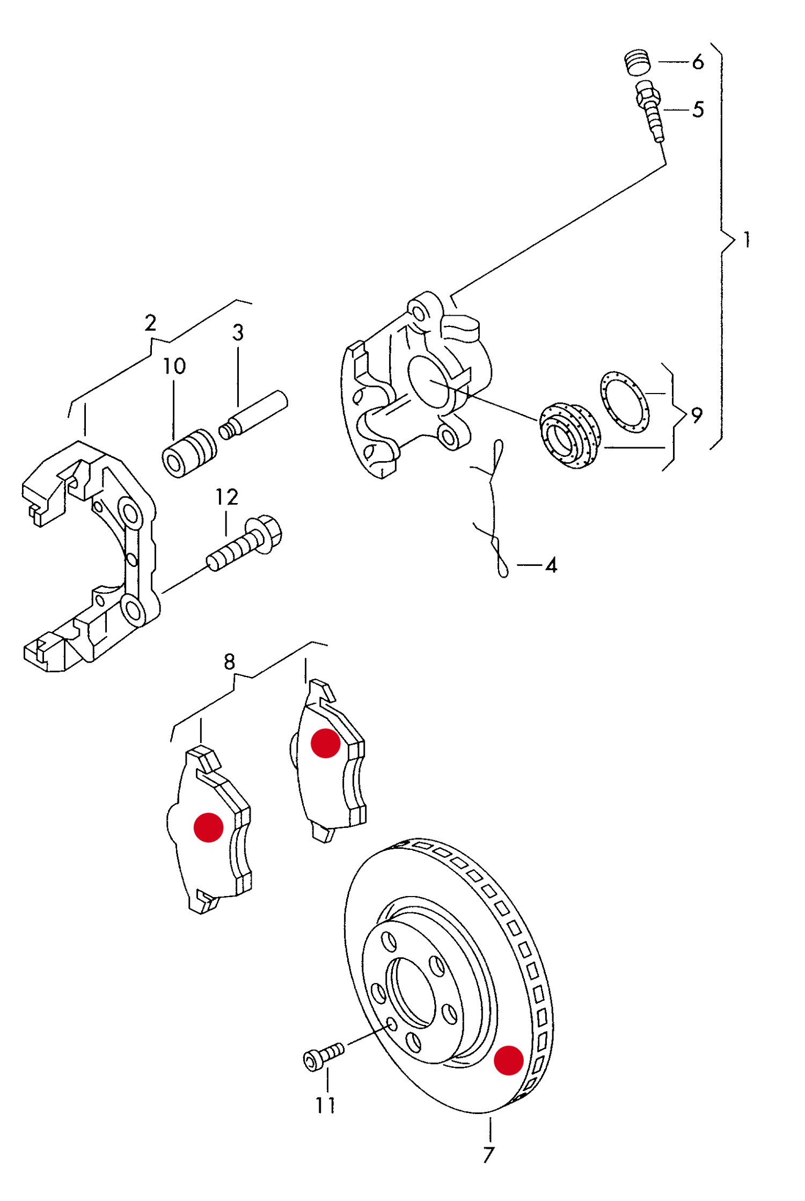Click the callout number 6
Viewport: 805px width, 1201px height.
click(x=697, y=62)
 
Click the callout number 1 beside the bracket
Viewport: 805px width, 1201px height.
click(x=747, y=239)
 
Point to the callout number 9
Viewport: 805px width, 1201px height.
click(x=696, y=415)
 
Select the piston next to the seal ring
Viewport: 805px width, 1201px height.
click(x=569, y=435)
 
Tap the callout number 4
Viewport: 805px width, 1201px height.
click(x=551, y=565)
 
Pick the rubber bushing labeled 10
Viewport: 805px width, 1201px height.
click(x=189, y=453)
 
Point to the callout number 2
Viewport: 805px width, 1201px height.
click(x=150, y=323)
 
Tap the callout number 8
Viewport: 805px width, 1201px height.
click(x=229, y=662)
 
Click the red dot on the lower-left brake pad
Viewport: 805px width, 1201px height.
click(x=208, y=827)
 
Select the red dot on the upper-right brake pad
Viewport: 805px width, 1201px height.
click(x=325, y=743)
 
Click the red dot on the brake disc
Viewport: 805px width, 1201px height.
click(x=508, y=1060)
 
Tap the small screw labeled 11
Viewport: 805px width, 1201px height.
click(x=323, y=1055)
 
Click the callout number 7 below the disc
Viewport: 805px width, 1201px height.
click(x=488, y=1154)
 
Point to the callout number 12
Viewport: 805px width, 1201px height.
click(x=226, y=497)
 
